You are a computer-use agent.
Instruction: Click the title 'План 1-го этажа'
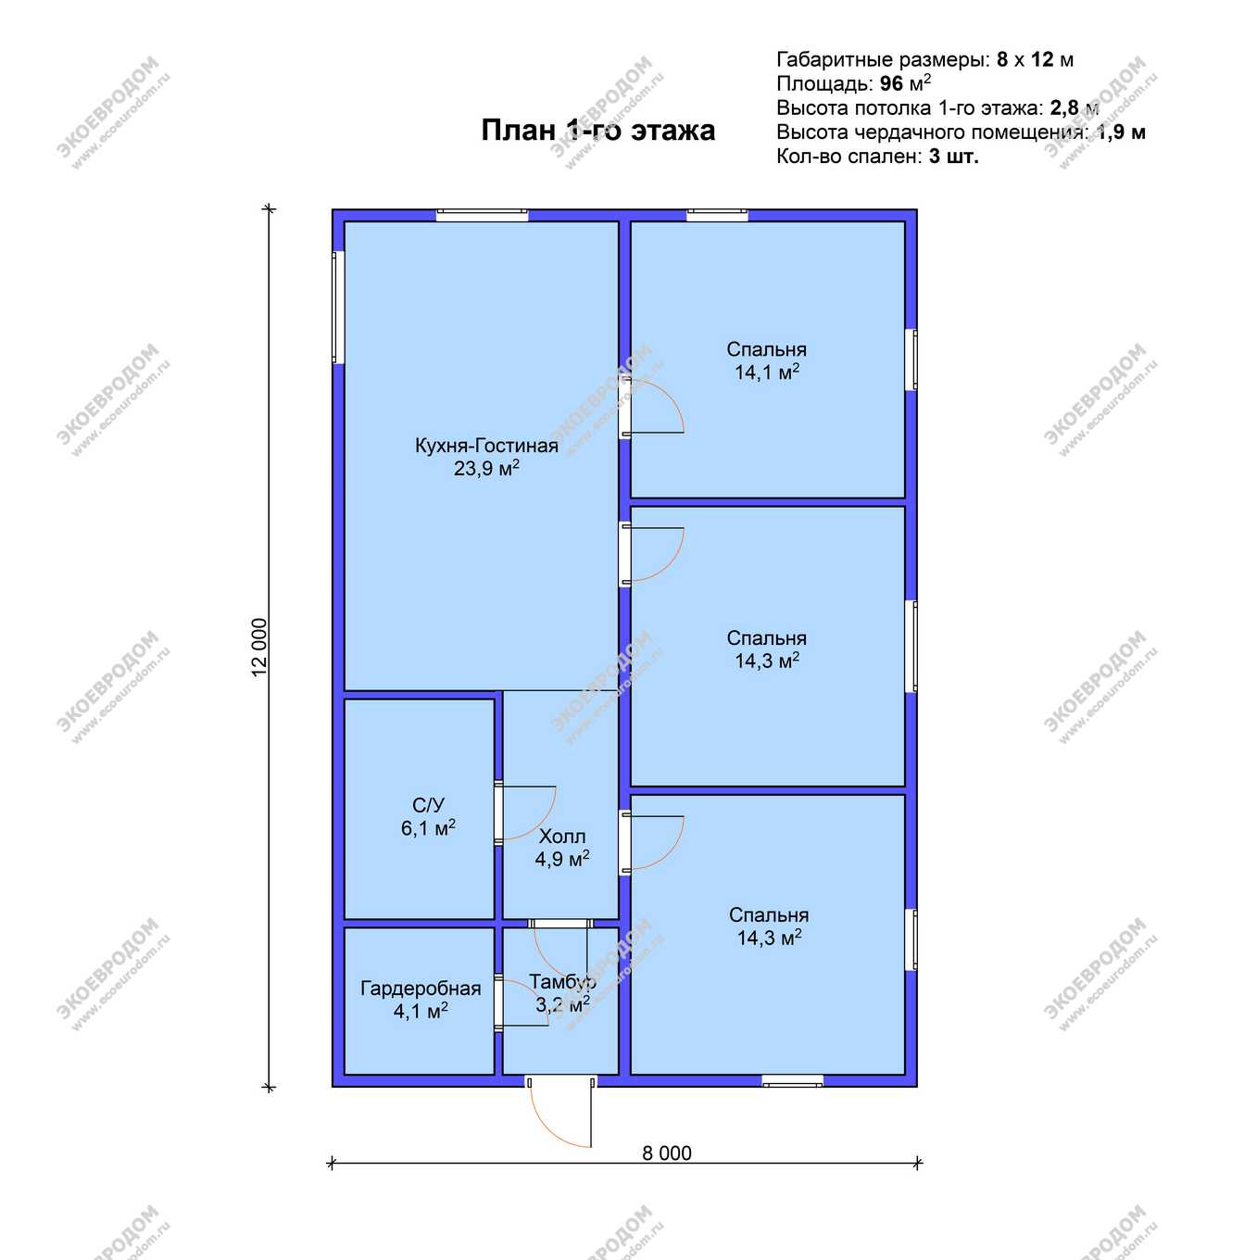pos(597,131)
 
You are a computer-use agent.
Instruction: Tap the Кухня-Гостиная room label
pos(486,446)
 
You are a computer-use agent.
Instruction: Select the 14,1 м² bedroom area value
pos(766,372)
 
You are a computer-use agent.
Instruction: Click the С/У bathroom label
pos(428,805)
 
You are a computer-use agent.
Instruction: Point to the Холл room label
pos(561,837)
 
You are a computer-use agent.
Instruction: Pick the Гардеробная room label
pos(421,989)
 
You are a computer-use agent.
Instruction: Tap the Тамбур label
pos(562,981)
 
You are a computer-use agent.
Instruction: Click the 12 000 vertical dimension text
pos(259,647)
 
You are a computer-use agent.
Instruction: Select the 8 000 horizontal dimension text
pos(666,1153)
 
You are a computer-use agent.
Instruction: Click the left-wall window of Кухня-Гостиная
pos(337,308)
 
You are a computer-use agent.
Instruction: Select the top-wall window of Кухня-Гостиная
pos(482,215)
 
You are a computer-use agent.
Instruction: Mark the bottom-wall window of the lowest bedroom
pos(793,1080)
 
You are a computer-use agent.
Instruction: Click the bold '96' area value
pos(891,83)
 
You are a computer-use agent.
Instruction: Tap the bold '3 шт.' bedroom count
pos(953,157)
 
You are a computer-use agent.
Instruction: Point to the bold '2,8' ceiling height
pos(1064,108)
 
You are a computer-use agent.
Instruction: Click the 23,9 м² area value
pos(486,468)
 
